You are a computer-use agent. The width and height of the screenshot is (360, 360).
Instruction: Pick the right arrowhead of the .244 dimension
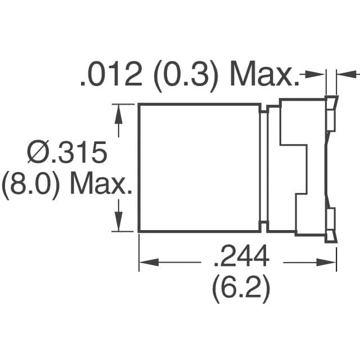coord(328,262)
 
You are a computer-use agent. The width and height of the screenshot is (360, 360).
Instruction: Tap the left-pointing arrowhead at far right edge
coord(344,74)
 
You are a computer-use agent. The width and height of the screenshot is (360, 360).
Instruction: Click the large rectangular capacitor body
coord(200,168)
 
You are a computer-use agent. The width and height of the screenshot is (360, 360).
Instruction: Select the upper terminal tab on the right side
coord(331,115)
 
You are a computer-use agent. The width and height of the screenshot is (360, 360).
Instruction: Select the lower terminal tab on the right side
coord(331,222)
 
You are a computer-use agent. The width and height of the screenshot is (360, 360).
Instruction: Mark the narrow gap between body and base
coord(264,168)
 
